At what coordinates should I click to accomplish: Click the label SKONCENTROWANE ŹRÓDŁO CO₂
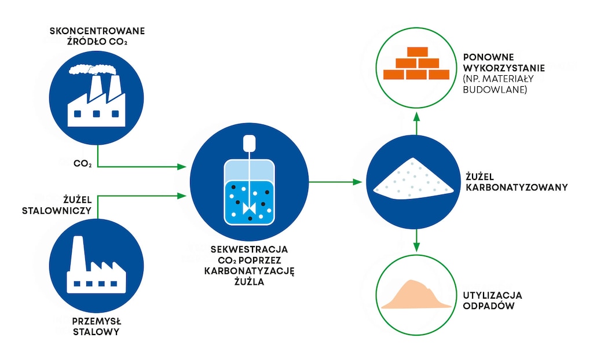(97, 36)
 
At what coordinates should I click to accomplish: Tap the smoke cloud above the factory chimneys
(93, 70)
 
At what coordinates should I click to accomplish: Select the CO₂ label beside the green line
(83, 164)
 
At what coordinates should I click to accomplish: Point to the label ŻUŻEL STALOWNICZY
(57, 205)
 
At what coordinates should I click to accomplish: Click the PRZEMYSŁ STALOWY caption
(97, 327)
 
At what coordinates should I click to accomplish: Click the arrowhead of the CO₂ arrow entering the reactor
(182, 166)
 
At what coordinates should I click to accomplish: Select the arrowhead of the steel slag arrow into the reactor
(182, 196)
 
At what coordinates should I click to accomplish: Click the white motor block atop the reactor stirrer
(249, 142)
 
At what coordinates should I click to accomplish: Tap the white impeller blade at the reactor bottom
(249, 208)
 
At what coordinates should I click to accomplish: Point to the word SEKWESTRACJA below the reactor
(249, 249)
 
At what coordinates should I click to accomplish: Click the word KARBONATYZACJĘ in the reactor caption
(249, 271)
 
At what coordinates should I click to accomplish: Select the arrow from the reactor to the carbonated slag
(335, 182)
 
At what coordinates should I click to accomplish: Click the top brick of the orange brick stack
(418, 52)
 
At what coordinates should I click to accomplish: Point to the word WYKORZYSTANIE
(504, 68)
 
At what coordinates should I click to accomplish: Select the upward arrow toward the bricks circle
(416, 124)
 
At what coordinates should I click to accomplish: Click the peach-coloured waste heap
(416, 295)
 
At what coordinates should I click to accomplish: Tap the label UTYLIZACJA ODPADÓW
(492, 300)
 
